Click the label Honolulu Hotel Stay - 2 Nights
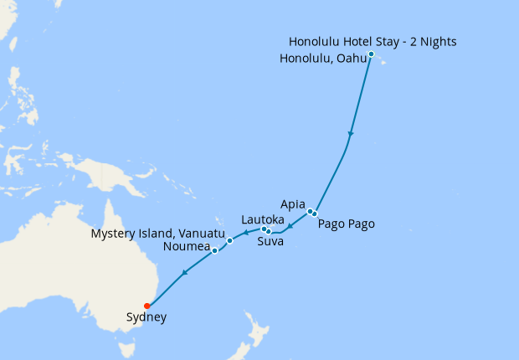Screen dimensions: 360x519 point(373,42)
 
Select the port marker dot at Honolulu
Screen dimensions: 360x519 point(371,54)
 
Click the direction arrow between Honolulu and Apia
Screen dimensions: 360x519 point(351,134)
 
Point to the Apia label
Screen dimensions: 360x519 point(294,203)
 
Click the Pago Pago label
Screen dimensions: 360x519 point(346,224)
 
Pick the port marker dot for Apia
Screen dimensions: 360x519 point(310,211)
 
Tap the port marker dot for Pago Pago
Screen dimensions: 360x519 point(315,214)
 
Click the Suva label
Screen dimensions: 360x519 point(270,242)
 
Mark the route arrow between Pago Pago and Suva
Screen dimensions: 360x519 point(290,227)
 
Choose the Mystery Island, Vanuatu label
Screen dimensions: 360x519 point(157,233)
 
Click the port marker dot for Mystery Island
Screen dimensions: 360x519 point(229,240)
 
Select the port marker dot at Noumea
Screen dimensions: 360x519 point(215,250)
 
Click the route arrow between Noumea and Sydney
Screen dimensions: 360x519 point(184,272)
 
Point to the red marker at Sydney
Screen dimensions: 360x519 point(147,306)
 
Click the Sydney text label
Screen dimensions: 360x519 point(146,317)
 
